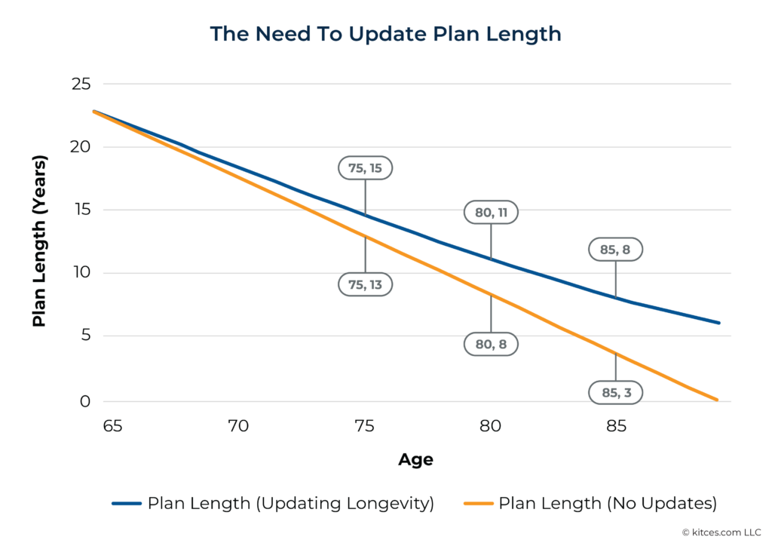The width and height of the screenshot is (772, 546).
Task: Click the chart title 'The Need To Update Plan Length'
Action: point(385,34)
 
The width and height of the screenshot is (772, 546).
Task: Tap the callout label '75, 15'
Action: point(365,168)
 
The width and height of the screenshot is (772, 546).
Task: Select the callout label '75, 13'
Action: point(365,284)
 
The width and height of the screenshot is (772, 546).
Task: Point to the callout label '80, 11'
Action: point(491,213)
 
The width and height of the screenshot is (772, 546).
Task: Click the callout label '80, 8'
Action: point(491,343)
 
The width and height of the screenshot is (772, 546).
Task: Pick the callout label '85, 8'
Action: point(616,249)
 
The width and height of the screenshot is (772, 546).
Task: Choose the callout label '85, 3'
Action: point(616,392)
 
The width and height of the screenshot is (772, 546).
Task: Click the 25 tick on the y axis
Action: point(81,84)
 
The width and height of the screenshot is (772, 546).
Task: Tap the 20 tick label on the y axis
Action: point(81,147)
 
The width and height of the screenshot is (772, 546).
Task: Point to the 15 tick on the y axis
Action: point(81,210)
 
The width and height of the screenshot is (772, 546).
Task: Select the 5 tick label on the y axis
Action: point(85,336)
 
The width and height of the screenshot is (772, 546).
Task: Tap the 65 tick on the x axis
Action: point(112,426)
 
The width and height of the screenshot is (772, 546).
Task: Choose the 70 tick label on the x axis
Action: point(238,426)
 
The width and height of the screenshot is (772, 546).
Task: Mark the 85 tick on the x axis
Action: point(616,426)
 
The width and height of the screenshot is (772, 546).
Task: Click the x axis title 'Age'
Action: point(415,459)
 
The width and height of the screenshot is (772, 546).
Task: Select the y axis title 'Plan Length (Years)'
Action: point(39,241)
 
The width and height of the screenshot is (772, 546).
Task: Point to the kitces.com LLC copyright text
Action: point(723,532)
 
